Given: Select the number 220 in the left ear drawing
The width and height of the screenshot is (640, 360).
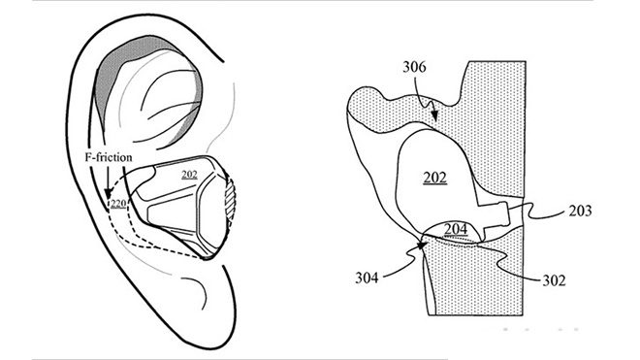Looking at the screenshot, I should tap(118, 204).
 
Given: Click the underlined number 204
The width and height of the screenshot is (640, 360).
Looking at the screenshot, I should tap(456, 228).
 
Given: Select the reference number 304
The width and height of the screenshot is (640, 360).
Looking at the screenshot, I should tap(366, 278).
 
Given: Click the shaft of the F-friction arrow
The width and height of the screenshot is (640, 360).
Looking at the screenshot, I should tap(103, 184).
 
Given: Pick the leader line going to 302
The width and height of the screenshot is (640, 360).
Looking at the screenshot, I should tap(514, 259).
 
